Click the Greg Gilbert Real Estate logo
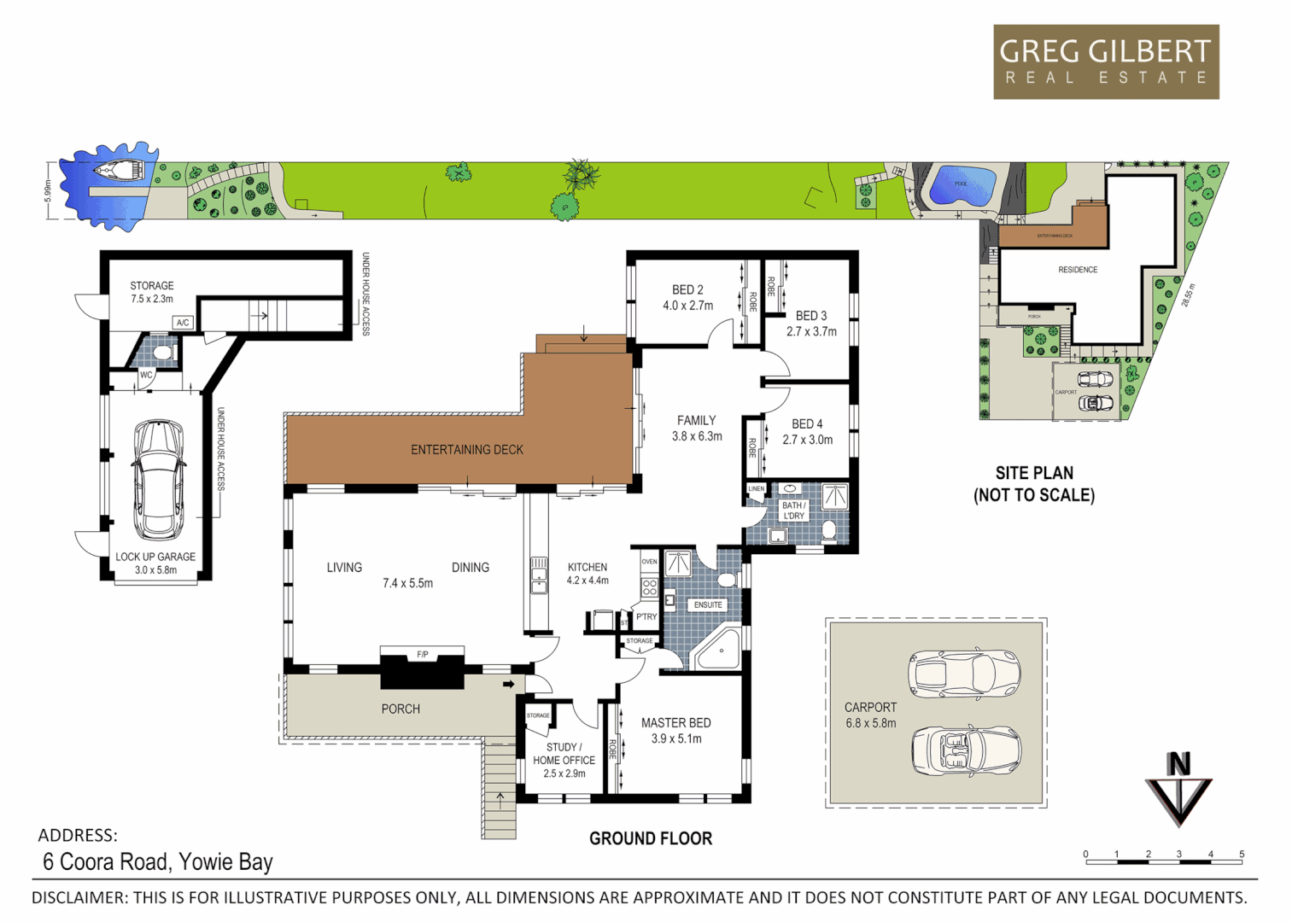(x=1105, y=61)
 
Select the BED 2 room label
(x=687, y=290)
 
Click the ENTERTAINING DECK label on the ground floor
(x=466, y=450)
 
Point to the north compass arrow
(x=1178, y=790)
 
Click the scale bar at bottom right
(x=1163, y=861)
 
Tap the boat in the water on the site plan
(x=119, y=171)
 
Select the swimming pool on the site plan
(x=962, y=184)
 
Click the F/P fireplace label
(x=423, y=655)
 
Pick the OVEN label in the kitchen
(x=649, y=562)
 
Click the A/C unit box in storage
(x=183, y=323)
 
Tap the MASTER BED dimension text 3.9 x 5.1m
(x=676, y=739)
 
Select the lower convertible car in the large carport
(x=965, y=750)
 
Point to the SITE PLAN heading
(x=1034, y=473)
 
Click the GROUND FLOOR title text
(x=650, y=838)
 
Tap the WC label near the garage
(x=146, y=375)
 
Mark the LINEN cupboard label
(x=757, y=489)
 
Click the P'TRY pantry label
(x=646, y=616)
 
